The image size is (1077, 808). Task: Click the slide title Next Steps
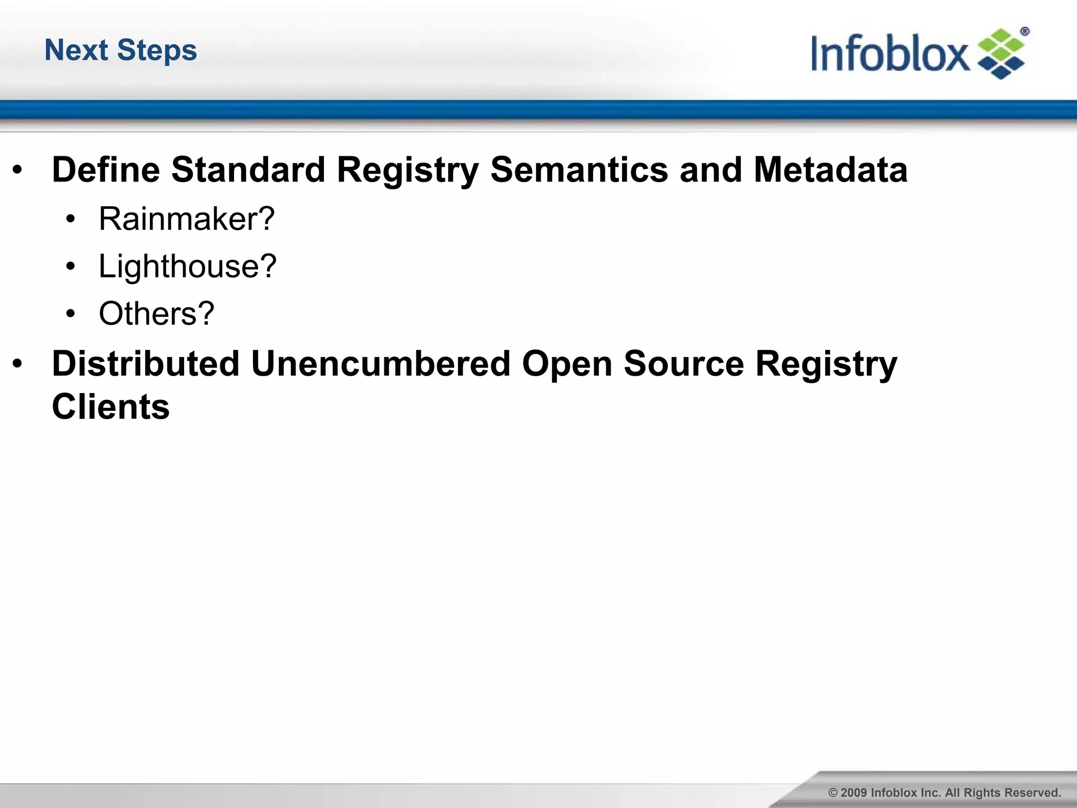coord(120,50)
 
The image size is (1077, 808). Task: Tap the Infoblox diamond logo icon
coord(1001,55)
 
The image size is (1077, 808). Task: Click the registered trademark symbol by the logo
coord(1024,32)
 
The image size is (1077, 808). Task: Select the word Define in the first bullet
coord(106,170)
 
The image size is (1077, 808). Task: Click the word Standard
coord(248,170)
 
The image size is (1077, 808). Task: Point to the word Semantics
coord(579,170)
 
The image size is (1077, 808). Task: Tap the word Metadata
coord(830,170)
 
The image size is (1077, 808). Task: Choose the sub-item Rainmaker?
coord(187,219)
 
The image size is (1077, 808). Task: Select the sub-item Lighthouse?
coord(187,266)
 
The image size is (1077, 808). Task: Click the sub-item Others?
coord(157,314)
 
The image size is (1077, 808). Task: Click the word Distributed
coord(146,363)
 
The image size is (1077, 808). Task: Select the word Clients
coord(111,407)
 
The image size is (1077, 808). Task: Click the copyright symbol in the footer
coord(833,793)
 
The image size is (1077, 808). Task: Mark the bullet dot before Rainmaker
coord(71,219)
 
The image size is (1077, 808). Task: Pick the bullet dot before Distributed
coord(17,363)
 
